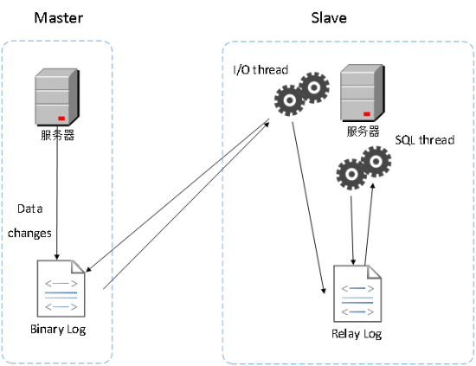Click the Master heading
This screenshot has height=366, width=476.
tap(59, 18)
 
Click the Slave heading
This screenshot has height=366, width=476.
tap(329, 18)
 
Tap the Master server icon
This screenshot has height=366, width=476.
tap(57, 97)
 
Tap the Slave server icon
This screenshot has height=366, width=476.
tap(363, 93)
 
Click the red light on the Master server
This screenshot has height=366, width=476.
tap(61, 119)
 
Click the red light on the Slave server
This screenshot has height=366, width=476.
tap(367, 114)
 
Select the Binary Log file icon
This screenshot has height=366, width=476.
tap(61, 288)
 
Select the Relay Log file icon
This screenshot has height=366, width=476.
tap(357, 293)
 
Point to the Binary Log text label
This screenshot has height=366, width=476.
tap(58, 330)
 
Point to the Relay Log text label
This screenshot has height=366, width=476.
tap(357, 334)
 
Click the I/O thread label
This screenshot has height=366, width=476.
tap(261, 70)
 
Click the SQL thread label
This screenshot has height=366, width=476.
tap(425, 140)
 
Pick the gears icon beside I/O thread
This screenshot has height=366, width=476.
tap(302, 94)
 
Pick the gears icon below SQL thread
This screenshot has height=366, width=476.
tap(363, 168)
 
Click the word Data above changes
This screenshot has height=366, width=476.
tap(29, 209)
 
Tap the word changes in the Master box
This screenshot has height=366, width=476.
tap(29, 234)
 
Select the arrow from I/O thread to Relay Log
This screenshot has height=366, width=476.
tap(309, 208)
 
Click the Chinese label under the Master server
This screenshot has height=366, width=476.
tap(58, 135)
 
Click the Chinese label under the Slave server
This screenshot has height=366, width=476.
tap(363, 132)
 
